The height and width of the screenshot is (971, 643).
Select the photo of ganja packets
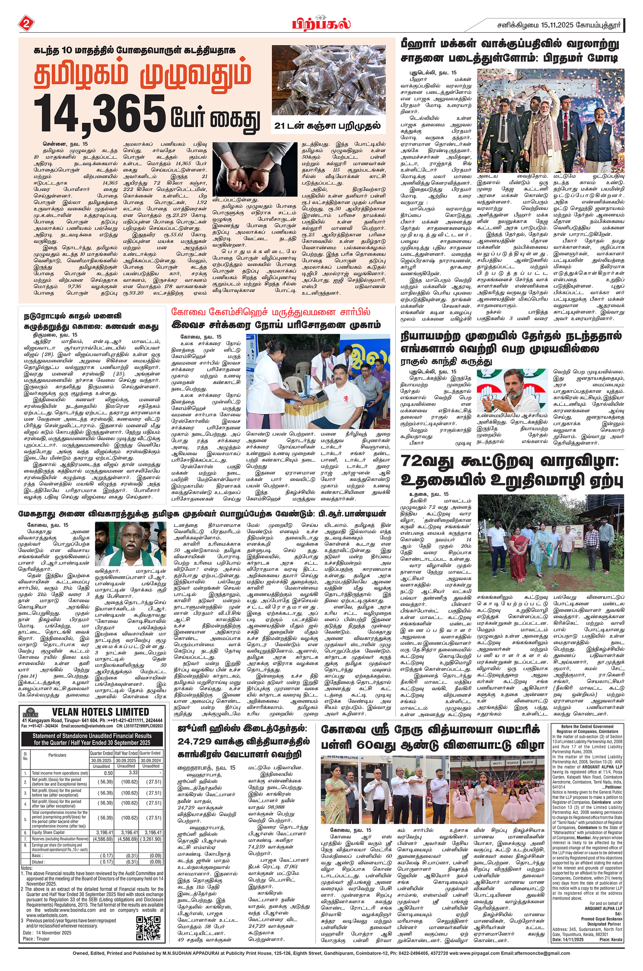click(328, 80)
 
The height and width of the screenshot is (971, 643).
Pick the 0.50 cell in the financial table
click(101, 773)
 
